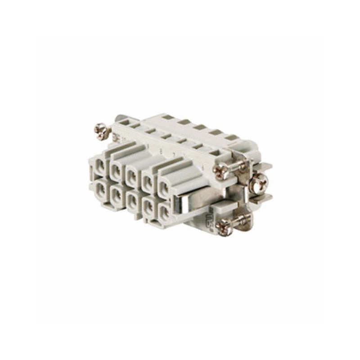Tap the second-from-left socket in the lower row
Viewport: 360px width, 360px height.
tap(117, 193)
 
